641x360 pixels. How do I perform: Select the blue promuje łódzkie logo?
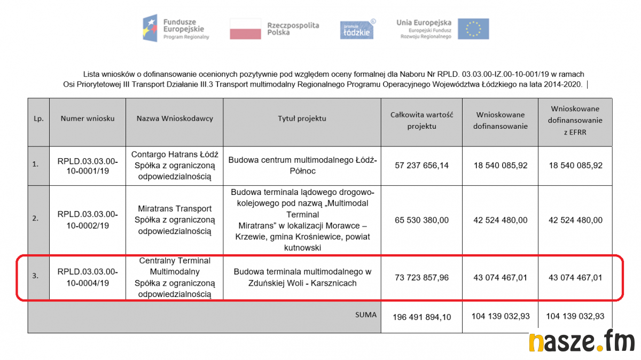[357, 29]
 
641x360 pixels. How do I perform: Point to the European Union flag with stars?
[473, 29]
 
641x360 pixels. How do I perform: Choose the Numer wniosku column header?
[88, 119]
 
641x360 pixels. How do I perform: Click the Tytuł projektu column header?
[302, 119]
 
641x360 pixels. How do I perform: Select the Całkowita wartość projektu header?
[422, 120]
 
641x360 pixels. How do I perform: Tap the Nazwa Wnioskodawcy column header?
[175, 119]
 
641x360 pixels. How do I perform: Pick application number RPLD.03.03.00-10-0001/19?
[88, 165]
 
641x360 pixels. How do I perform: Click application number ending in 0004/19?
[88, 277]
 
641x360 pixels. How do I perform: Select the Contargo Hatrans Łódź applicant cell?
[175, 165]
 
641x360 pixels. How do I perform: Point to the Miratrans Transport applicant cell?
[175, 220]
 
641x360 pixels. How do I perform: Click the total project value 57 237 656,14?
[422, 166]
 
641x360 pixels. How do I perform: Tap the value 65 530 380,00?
[422, 220]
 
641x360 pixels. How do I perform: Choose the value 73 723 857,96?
[422, 278]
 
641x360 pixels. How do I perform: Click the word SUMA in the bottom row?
[366, 315]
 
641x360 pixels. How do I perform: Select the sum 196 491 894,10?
[422, 317]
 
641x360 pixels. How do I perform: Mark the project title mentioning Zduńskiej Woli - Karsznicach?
[302, 277]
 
